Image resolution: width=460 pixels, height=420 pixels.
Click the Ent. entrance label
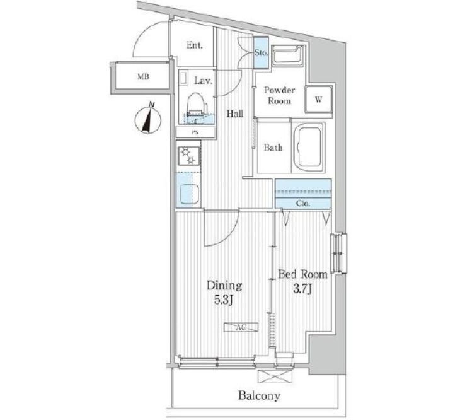click(x=193, y=45)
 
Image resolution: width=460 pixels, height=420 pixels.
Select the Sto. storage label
click(x=262, y=54)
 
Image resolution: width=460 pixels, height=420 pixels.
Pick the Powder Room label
click(x=278, y=95)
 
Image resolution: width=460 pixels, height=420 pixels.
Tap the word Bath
click(x=272, y=148)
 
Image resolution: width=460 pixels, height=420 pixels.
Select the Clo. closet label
click(x=302, y=203)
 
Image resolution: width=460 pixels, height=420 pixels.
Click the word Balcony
click(x=258, y=396)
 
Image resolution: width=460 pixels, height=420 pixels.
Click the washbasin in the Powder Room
click(x=287, y=57)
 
